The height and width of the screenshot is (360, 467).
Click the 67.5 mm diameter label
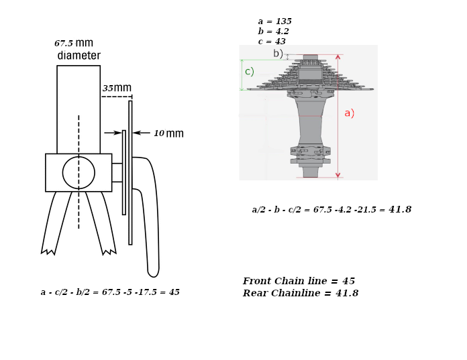pos(77,49)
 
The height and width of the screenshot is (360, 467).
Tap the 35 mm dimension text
pos(117,88)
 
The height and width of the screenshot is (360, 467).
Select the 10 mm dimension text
pos(168,133)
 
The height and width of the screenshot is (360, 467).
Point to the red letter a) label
pos(350,113)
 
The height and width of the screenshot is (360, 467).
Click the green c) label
pos(250,72)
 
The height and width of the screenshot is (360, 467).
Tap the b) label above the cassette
pos(278,53)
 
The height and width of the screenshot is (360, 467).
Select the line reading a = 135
pos(275,21)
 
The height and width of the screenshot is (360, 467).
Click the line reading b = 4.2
pos(273,32)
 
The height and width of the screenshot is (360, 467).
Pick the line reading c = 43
pos(272,42)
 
